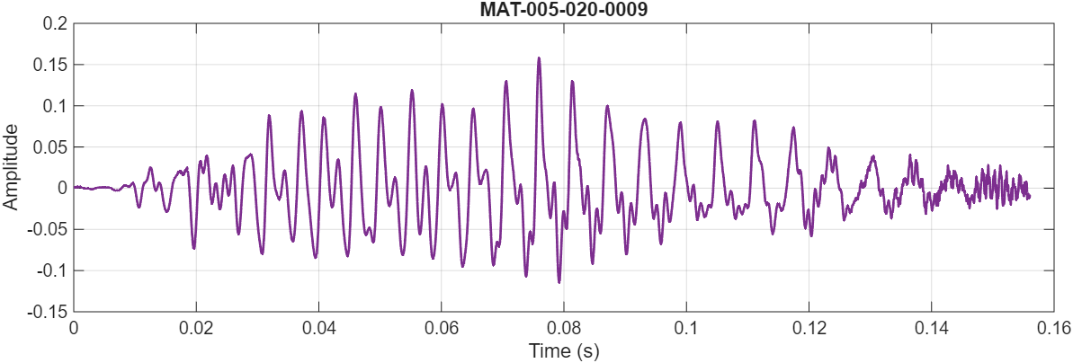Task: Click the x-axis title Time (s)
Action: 563,350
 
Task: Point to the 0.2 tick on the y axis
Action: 54,24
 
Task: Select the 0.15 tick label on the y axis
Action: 50,66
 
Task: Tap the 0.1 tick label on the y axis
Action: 54,106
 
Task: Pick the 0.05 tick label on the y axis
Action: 50,147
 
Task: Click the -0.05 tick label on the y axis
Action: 48,229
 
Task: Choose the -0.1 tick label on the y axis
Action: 51,270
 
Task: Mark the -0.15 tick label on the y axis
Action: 48,312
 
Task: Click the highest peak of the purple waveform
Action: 539,58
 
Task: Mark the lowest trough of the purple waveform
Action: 559,282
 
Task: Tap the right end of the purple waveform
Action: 1029,196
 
